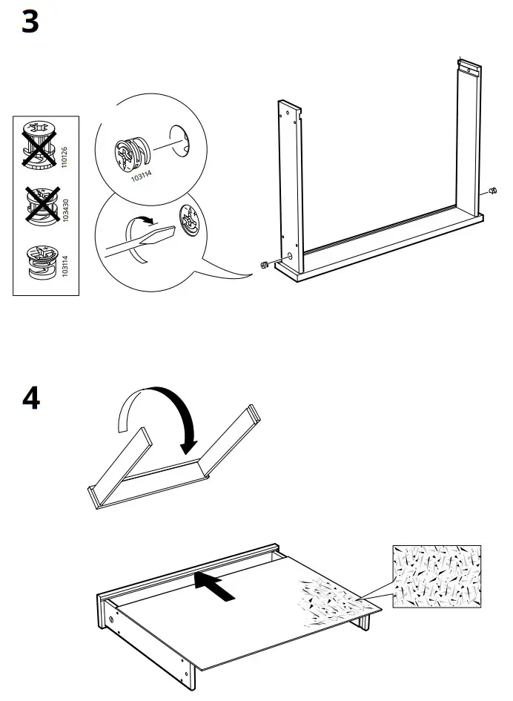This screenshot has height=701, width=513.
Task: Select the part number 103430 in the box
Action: [x=64, y=211]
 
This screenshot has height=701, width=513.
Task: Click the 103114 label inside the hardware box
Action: [x=64, y=265]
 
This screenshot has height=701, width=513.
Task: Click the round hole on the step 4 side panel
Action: [x=113, y=617]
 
